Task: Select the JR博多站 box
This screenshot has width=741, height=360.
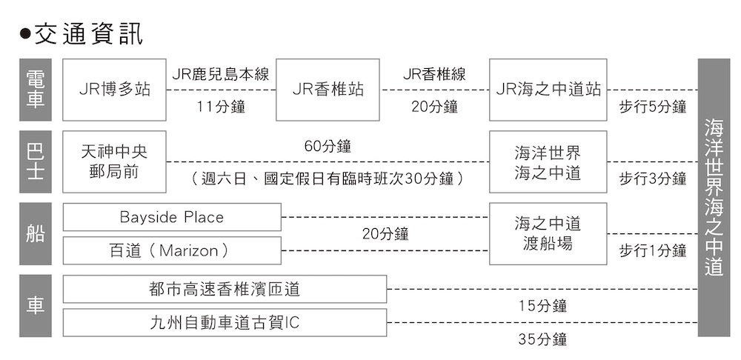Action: coord(114,90)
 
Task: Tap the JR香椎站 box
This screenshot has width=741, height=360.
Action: coord(328,90)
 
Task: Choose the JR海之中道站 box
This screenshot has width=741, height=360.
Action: coord(548,90)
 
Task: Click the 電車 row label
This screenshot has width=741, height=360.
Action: coord(35,90)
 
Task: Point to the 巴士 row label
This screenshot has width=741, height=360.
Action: coord(35,161)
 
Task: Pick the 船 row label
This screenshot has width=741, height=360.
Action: coord(35,234)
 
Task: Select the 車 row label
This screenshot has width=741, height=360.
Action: coord(35,306)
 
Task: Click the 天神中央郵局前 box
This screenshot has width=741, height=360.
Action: coord(114,161)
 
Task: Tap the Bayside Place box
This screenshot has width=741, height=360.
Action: coord(172,217)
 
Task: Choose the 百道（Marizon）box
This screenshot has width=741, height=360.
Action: coord(172,250)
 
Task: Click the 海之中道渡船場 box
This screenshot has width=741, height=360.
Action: coord(548,233)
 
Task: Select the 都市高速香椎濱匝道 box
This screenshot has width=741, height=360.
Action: coord(225,289)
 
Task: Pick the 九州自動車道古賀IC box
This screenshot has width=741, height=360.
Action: coord(225,323)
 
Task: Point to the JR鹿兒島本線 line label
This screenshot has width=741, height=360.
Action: coord(220,75)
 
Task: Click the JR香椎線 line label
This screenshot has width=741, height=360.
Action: coord(434,75)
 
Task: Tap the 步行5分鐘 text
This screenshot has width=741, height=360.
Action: coord(653,107)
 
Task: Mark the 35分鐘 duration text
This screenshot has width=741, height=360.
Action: coord(543,340)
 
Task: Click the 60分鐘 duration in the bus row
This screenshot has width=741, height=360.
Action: coord(328,146)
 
